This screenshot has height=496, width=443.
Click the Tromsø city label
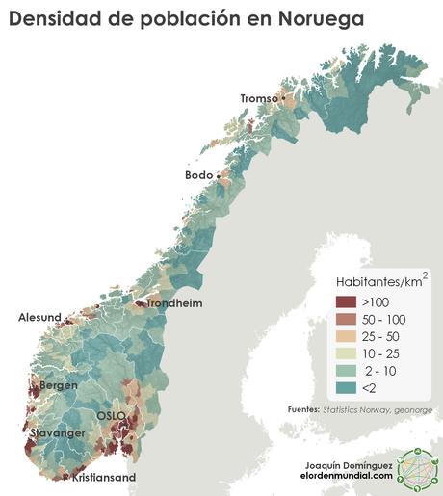(258, 98)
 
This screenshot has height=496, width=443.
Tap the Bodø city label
(198, 175)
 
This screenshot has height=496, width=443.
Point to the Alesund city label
(39, 317)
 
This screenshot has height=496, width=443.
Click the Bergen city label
(58, 385)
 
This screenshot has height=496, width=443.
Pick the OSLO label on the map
(111, 415)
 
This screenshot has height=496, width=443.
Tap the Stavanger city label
(56, 433)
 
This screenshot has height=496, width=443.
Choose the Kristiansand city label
(104, 477)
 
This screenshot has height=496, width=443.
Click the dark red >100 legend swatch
(347, 302)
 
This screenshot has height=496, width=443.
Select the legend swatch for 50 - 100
(347, 319)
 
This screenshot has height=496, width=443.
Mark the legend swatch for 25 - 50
(347, 336)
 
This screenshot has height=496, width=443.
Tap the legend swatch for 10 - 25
(347, 353)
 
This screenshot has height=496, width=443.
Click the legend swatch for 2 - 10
(347, 371)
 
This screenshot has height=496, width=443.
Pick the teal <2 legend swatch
(347, 387)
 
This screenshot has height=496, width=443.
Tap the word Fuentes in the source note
(303, 409)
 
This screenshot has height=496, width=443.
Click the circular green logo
(417, 471)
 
